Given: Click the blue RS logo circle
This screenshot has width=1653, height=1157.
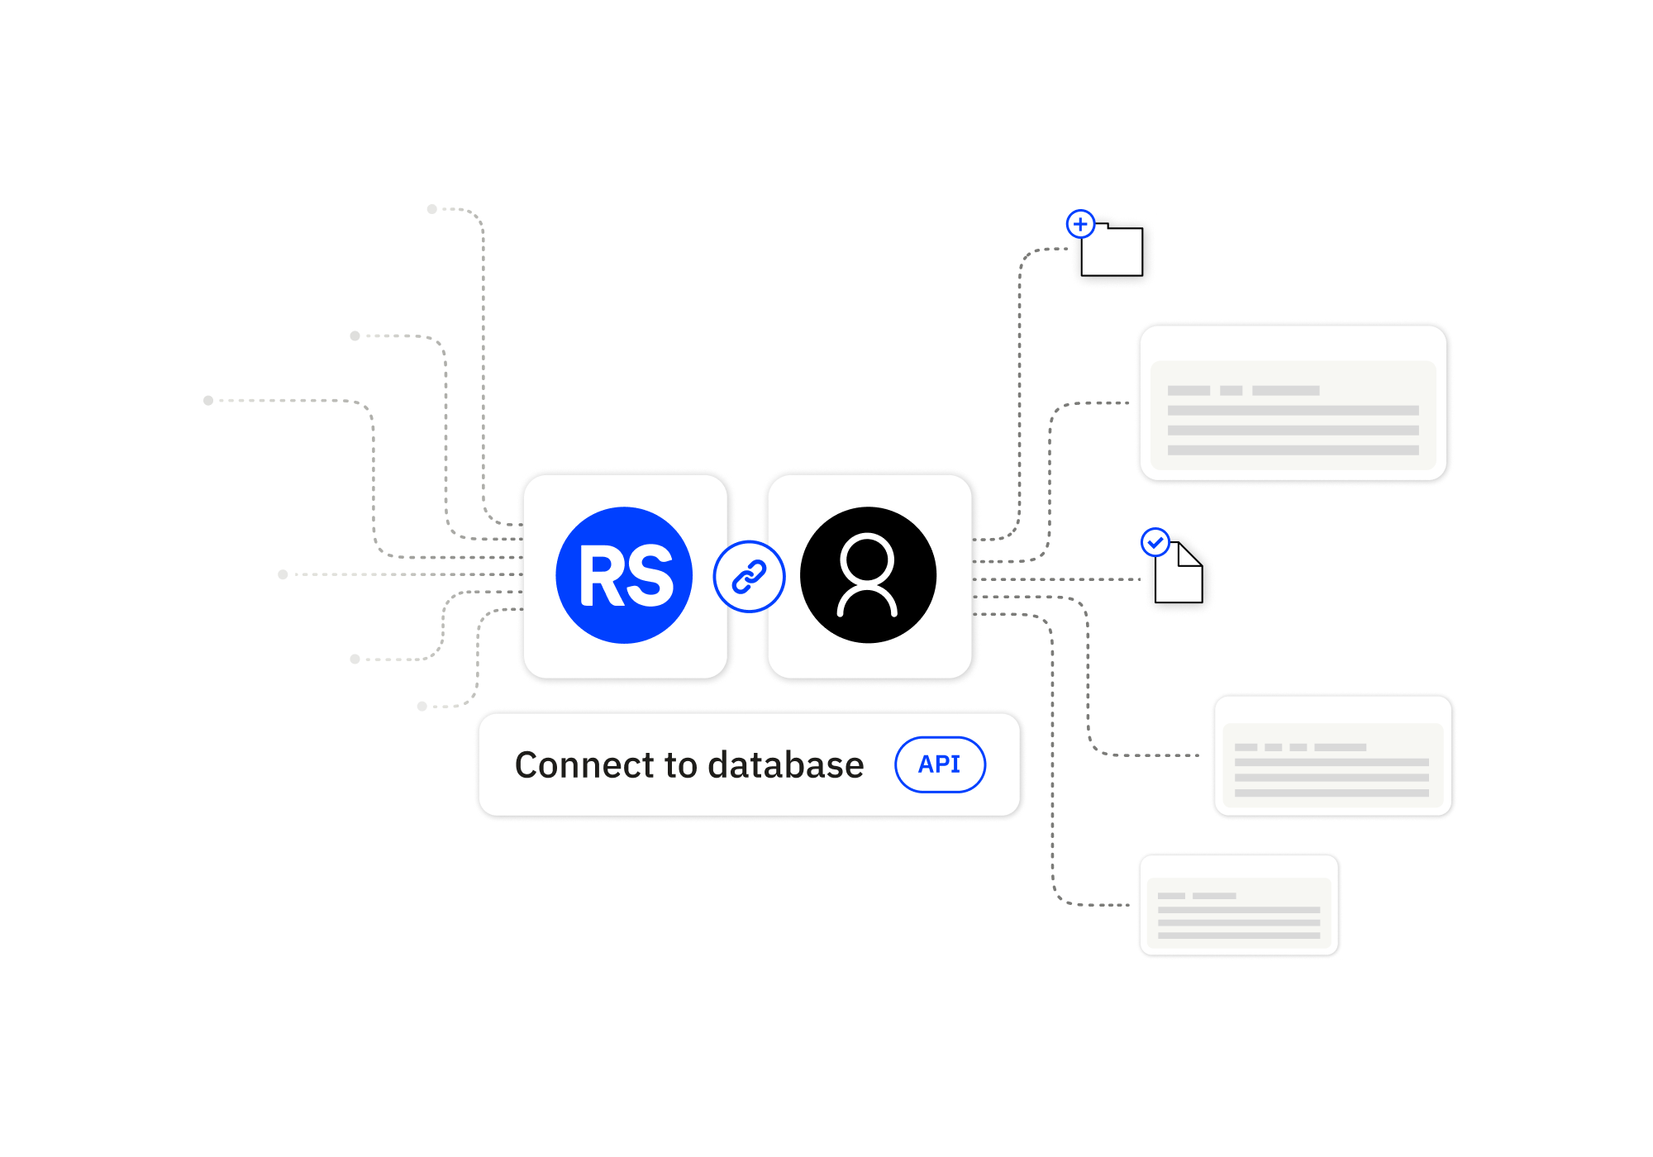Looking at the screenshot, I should point(624,575).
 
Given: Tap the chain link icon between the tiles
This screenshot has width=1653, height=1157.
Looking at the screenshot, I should point(749,577).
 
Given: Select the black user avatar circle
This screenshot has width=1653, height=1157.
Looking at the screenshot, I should point(868,575).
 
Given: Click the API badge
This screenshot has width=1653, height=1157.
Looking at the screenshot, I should point(940,764).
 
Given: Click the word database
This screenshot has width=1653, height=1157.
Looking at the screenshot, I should point(785,765).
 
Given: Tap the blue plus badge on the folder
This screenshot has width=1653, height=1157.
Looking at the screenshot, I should point(1080,224).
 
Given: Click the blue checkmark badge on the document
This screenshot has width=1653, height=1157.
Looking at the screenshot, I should point(1155,543).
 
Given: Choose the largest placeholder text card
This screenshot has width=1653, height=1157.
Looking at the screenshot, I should point(1293,403).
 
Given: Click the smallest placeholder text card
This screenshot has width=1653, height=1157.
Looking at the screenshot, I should point(1238,906).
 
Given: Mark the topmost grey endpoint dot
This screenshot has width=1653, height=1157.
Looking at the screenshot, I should point(431,209).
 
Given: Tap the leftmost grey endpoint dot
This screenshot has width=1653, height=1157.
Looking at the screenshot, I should point(208,401).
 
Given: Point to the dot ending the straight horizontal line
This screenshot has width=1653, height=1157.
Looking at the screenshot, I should point(283,574).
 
